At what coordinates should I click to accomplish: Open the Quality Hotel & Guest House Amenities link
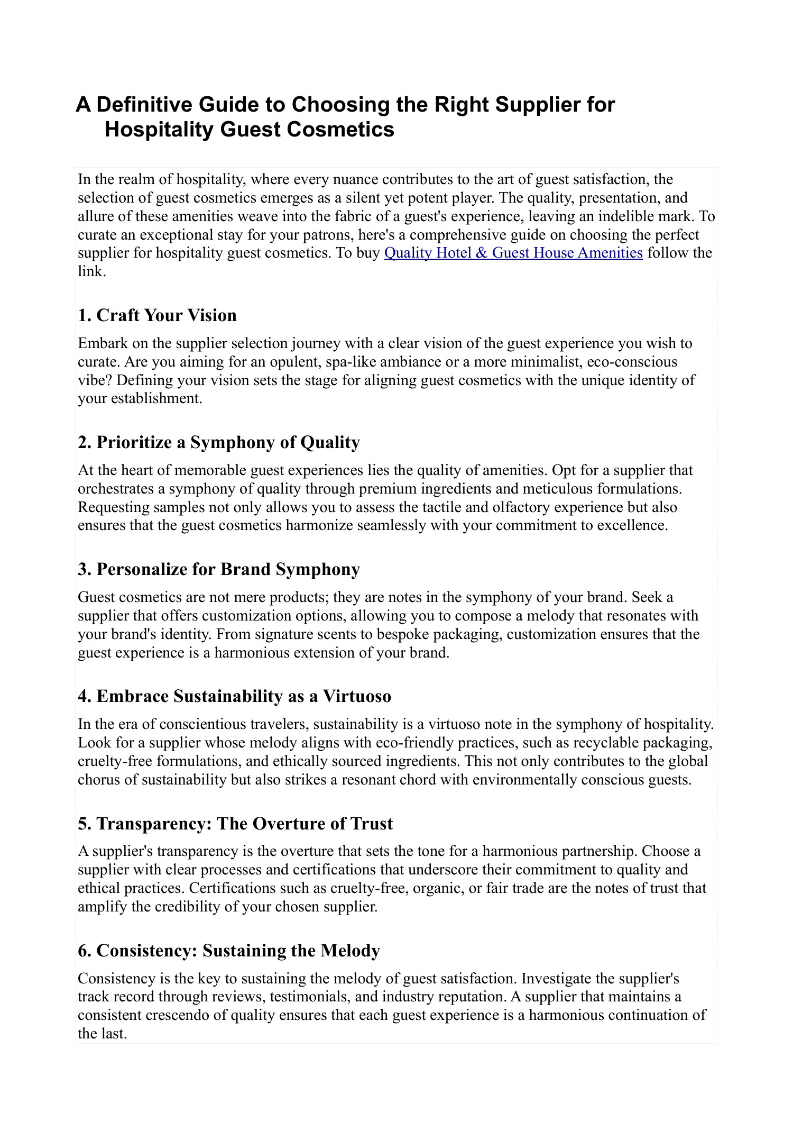[513, 253]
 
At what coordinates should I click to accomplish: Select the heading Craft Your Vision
[157, 315]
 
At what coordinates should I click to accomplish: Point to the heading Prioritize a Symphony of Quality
[218, 442]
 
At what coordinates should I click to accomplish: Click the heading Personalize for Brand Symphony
[218, 569]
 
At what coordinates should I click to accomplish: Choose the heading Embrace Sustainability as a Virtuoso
[234, 696]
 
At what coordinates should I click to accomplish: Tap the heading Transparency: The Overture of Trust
[235, 824]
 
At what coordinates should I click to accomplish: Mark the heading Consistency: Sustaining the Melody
[228, 951]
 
